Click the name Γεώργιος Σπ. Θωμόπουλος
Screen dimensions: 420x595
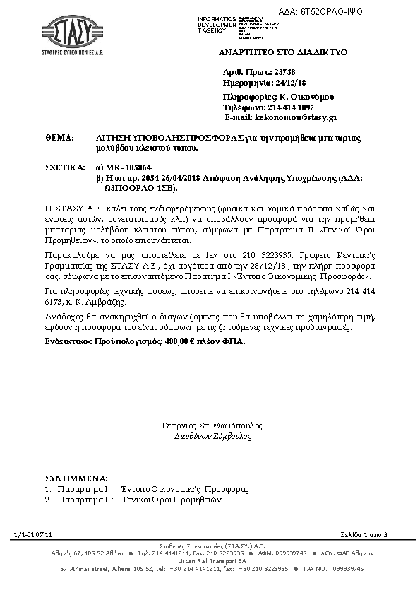pos(212,426)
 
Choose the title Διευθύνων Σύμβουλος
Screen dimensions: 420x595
pos(212,437)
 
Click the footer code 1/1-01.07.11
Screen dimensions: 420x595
pos(28,535)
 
